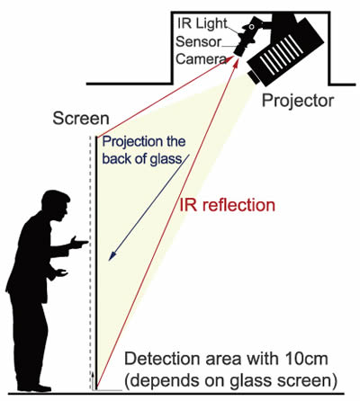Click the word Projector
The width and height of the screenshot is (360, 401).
[x=298, y=101]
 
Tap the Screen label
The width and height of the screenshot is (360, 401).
[x=81, y=119]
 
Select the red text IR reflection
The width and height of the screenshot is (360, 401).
[x=227, y=205]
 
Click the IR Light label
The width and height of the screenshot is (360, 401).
[x=202, y=23]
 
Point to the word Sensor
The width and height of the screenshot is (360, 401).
[x=198, y=41]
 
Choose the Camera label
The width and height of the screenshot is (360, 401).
[x=201, y=59]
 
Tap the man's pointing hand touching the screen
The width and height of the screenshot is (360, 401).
[x=78, y=242]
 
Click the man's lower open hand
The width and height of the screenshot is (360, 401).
[x=62, y=272]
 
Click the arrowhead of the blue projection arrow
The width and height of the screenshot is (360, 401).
[x=112, y=255]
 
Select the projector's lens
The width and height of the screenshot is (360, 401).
[x=254, y=77]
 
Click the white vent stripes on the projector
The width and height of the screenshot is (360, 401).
[x=282, y=55]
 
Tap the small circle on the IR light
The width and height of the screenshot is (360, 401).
[x=251, y=27]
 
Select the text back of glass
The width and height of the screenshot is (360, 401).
[x=142, y=159]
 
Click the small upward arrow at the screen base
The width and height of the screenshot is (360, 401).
[x=93, y=380]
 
